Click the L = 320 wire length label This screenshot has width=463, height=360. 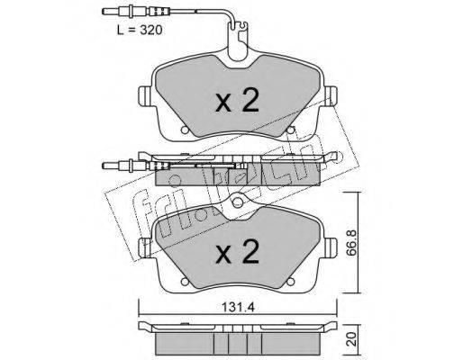click(140, 30)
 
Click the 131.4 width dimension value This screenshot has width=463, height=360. click(238, 307)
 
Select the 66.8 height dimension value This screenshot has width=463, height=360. click(351, 243)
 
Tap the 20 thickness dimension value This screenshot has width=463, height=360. click(351, 338)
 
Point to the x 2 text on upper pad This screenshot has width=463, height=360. click(237, 101)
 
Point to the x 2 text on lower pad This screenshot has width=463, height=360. click(237, 252)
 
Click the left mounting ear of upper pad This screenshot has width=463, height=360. click(146, 96)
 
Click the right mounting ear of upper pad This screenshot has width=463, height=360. click(330, 96)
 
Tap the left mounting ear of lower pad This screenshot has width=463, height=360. click(146, 247)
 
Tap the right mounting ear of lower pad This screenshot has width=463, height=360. click(330, 247)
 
